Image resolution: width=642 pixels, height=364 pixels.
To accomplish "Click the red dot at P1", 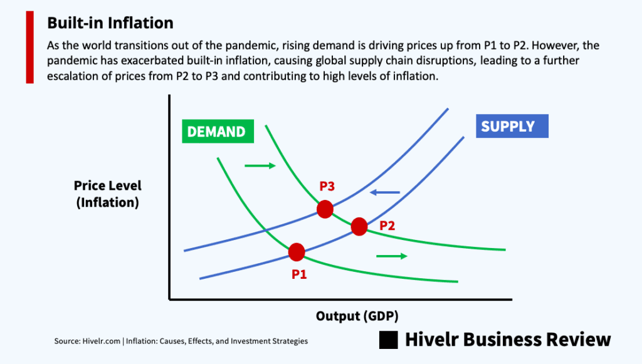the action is point(297,252).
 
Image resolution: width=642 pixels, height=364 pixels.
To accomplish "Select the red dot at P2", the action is point(359,227).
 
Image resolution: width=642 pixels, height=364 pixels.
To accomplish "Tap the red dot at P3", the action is point(325,209).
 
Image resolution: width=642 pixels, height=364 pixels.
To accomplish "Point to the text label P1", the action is point(299,274).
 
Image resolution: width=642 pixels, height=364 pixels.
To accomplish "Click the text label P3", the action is point(327,186).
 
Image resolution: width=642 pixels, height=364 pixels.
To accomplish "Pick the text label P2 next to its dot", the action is point(387,226).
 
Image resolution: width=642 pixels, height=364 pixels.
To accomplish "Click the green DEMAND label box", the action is point(218,132).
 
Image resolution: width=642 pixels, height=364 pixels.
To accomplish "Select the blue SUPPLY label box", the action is point(512,126).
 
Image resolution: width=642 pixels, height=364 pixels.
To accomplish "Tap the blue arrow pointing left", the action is point(385,192).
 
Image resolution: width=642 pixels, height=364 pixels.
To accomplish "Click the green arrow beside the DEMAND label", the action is point(260,165).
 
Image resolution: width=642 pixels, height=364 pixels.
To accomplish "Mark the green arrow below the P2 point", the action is point(392,256).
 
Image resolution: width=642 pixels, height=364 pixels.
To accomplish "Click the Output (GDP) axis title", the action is point(357,316).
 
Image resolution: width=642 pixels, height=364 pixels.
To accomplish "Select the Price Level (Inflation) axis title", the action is point(108,194).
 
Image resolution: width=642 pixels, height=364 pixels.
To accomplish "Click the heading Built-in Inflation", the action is point(110,23).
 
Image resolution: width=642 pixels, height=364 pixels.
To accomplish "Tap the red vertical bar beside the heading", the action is point(30,48).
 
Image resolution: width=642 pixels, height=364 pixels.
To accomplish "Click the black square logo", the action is point(389,340).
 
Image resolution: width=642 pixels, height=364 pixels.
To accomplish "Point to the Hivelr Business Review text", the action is point(508,340).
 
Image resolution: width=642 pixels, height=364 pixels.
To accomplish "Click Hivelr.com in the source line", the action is point(101,341).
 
